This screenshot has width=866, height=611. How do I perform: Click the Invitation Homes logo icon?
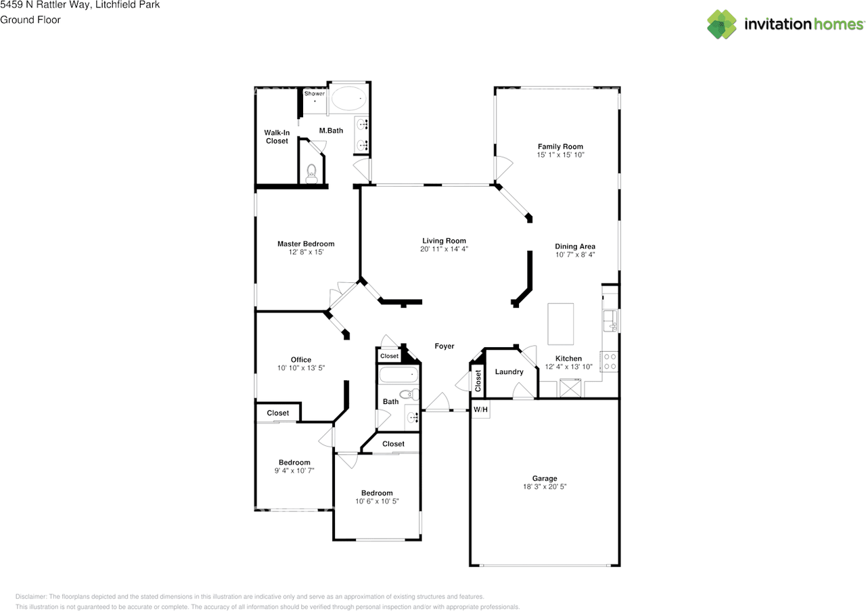tap(721, 24)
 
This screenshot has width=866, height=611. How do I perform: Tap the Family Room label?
tap(560, 147)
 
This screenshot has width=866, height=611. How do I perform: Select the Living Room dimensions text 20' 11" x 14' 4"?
tap(444, 249)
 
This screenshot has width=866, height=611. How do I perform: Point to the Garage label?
tap(545, 478)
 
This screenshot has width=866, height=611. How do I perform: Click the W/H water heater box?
tap(480, 409)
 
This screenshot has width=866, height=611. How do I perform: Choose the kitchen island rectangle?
tap(560, 323)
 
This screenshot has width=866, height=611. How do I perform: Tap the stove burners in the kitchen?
tap(610, 361)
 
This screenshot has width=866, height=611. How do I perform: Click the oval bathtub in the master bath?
tap(348, 99)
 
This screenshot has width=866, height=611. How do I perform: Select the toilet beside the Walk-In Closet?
tap(311, 174)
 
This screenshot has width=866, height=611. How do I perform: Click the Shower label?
tap(315, 93)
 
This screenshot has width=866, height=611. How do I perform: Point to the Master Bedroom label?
tap(306, 244)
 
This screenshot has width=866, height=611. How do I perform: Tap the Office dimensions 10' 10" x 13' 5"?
tap(301, 368)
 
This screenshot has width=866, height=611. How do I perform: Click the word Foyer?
tap(445, 346)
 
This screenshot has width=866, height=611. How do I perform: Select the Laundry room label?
tap(509, 371)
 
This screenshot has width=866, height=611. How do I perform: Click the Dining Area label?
tap(575, 246)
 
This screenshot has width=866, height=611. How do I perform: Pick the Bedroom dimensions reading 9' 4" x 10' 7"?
tap(294, 471)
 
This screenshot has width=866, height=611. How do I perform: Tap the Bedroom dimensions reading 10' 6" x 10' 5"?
tap(377, 501)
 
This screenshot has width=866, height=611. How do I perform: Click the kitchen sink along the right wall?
tap(610, 321)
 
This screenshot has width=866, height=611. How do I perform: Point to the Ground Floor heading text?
tap(30, 20)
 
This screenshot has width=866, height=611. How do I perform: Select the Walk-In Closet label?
tap(277, 137)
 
